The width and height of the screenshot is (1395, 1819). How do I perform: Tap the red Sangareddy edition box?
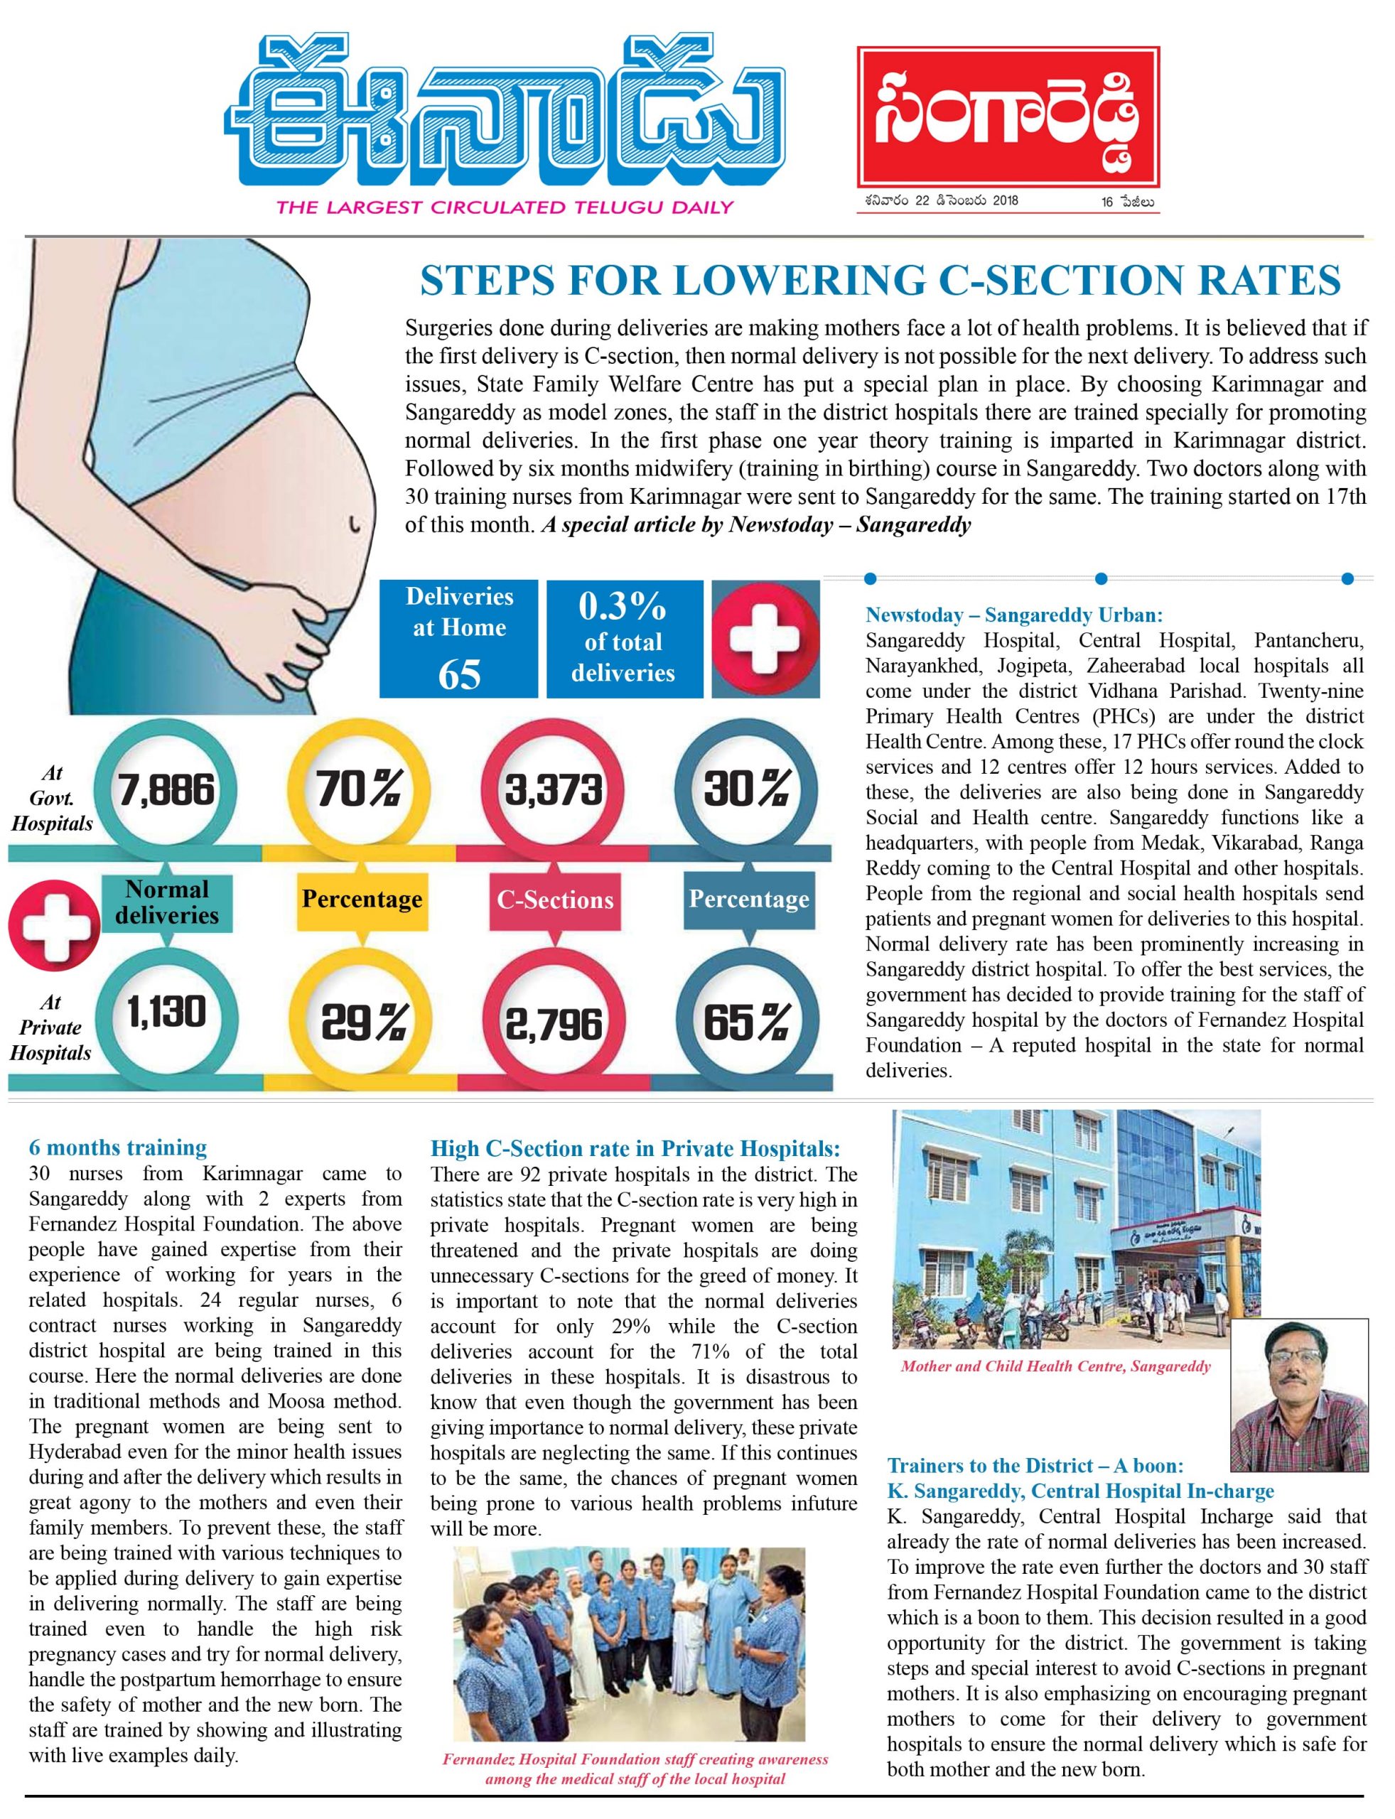click(1007, 117)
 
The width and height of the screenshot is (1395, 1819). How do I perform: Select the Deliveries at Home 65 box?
click(458, 639)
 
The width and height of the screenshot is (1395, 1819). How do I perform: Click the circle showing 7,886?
click(167, 789)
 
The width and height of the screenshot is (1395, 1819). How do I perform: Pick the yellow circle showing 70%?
click(360, 789)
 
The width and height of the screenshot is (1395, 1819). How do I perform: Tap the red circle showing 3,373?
click(553, 789)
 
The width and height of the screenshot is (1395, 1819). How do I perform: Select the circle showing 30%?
click(745, 789)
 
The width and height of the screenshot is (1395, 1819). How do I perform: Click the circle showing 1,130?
click(167, 1014)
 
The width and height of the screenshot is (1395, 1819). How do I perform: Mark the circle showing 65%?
click(745, 1022)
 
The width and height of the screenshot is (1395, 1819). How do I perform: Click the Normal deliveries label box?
click(167, 902)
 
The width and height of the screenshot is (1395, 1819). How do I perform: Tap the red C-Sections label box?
click(555, 900)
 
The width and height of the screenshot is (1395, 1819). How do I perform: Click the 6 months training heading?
click(118, 1148)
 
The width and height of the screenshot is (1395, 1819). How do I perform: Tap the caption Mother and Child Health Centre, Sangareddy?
click(1055, 1366)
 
